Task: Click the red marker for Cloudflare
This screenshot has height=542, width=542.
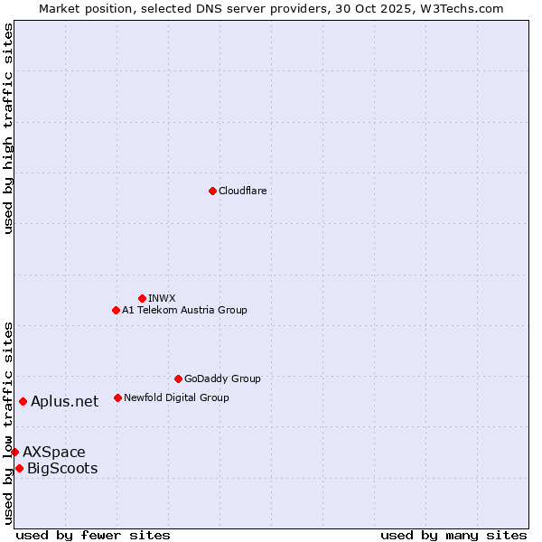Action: tap(212, 191)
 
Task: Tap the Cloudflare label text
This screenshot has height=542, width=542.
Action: tap(242, 191)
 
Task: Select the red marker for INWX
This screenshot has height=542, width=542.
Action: tap(142, 298)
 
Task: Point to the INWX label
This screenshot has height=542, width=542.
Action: tap(162, 298)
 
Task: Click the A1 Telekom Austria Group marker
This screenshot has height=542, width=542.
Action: tap(116, 310)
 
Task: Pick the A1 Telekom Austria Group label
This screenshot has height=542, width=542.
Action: tap(184, 310)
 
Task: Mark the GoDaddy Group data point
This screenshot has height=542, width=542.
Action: tap(178, 378)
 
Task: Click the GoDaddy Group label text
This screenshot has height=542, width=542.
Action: tap(222, 378)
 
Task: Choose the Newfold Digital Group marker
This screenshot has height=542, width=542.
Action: tap(117, 397)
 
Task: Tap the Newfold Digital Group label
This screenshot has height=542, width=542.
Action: tap(176, 397)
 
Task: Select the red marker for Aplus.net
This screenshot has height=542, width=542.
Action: tap(23, 401)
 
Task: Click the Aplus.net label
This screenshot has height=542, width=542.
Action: tap(64, 402)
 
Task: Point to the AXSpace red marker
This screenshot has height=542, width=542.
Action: tap(14, 452)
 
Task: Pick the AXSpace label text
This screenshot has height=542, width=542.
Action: tap(54, 452)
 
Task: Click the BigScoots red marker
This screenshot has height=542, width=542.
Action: tap(19, 468)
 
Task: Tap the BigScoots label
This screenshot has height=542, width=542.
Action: tap(62, 468)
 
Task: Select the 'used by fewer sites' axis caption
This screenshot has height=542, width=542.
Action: tap(93, 535)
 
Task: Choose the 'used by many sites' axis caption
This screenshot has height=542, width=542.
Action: tap(453, 535)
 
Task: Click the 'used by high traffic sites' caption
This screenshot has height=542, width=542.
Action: tap(9, 128)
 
